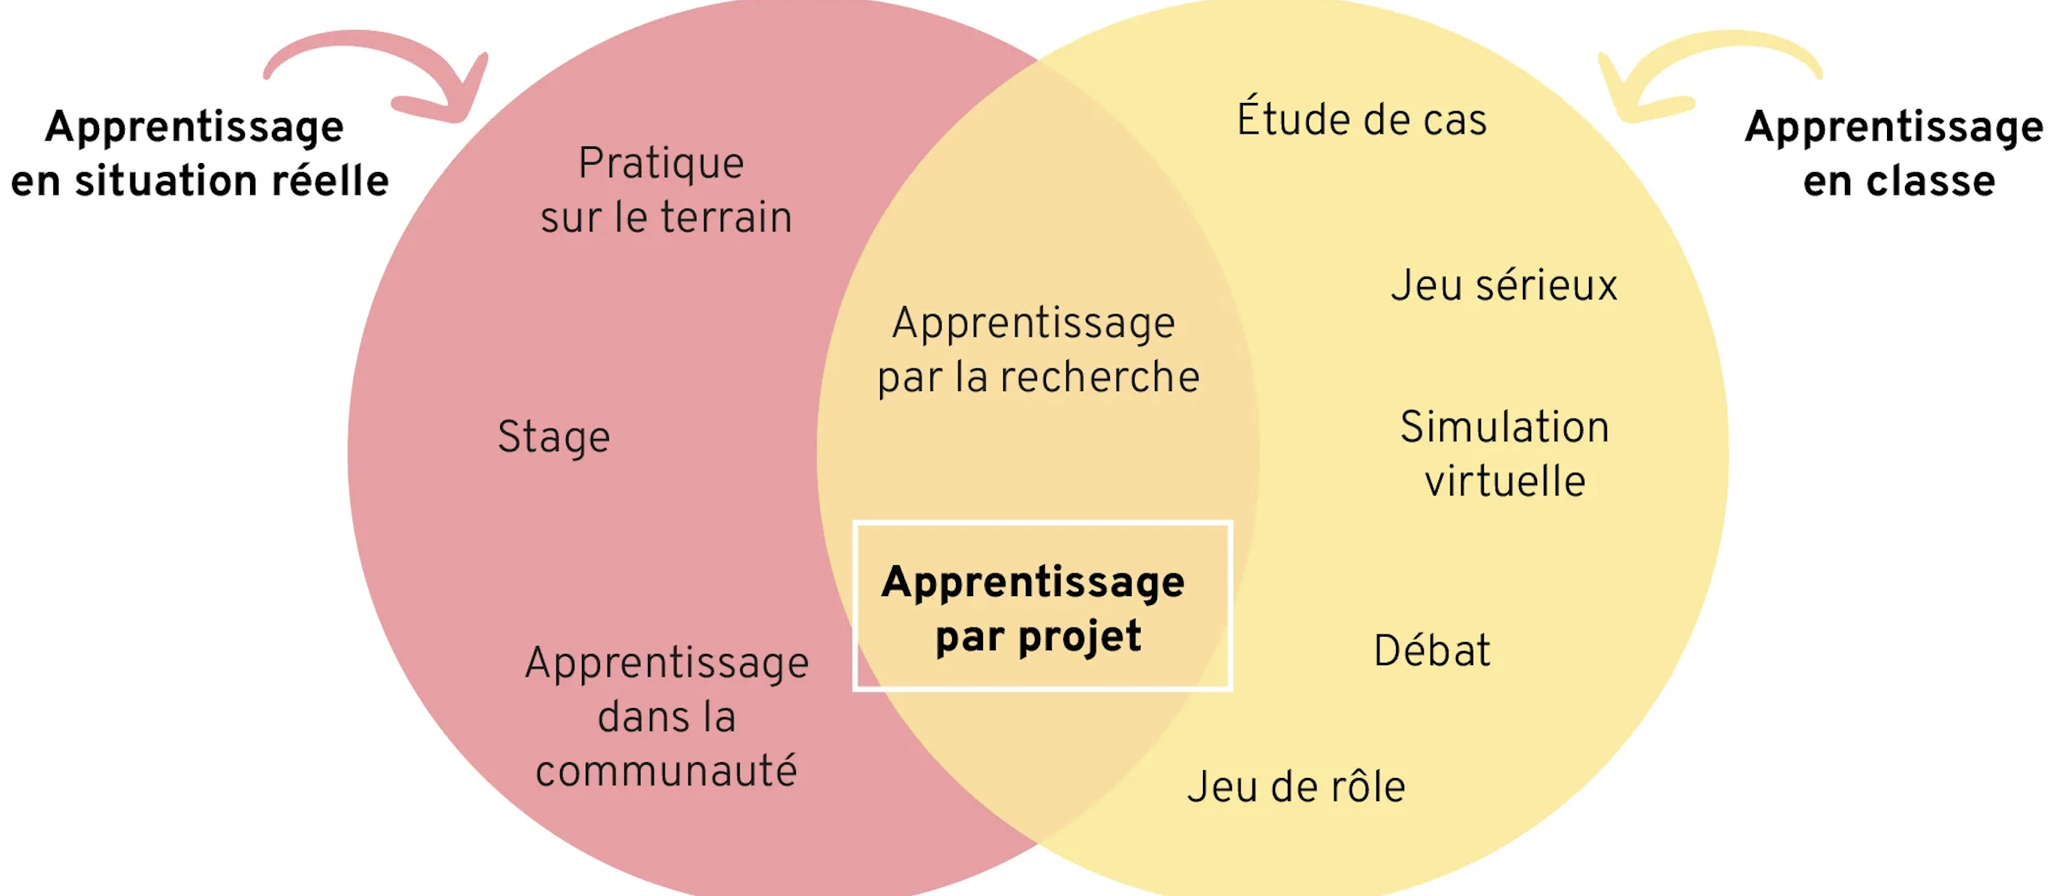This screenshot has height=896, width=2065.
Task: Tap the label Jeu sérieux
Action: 1504,286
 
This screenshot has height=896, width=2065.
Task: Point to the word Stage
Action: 554,438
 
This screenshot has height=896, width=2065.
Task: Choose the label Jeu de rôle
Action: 1296,787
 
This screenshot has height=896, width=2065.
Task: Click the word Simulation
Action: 1505,427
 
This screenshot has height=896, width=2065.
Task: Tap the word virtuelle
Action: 1505,481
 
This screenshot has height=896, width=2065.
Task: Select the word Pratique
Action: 662,165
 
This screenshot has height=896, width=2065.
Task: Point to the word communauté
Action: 666,771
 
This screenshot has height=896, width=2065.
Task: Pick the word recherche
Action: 1100,377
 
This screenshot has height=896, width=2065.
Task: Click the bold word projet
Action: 1079,637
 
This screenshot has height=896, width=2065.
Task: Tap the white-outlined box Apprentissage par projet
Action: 1042,606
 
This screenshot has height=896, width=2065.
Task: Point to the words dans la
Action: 667,716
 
